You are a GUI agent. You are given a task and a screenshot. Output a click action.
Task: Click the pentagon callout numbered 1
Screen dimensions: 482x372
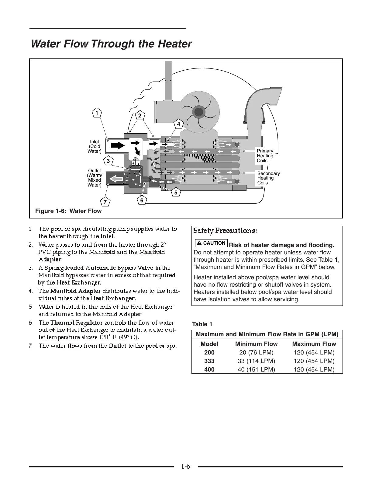[x=97, y=113]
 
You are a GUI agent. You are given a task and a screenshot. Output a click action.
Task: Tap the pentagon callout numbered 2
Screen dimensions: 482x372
[x=139, y=116]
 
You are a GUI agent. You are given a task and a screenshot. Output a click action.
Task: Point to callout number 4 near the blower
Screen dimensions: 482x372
[x=178, y=124]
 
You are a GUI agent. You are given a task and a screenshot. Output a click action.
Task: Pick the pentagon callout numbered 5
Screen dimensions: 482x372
[x=176, y=193]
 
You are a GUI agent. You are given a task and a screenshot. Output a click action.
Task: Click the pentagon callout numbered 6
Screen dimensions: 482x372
[x=142, y=201]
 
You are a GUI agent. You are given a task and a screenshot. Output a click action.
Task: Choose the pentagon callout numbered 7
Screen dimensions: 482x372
[x=105, y=202]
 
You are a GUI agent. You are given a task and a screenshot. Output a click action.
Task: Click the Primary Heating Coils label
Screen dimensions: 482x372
[x=265, y=156]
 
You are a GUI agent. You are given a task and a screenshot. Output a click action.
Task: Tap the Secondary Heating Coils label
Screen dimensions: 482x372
[x=268, y=178]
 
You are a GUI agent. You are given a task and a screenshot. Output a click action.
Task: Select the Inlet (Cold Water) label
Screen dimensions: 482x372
[x=95, y=146]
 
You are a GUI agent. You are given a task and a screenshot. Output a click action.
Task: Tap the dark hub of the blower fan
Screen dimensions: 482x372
[x=199, y=112]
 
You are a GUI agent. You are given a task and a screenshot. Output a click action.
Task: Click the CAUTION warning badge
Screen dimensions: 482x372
[x=212, y=243]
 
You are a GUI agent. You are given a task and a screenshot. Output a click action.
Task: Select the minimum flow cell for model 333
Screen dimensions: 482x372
[x=256, y=361]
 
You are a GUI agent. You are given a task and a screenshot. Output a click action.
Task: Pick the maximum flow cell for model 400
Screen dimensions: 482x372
[x=314, y=370]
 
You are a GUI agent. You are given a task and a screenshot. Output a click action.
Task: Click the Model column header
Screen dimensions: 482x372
[x=209, y=344]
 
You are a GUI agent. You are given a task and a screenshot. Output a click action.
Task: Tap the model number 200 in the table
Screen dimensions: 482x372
[x=209, y=353]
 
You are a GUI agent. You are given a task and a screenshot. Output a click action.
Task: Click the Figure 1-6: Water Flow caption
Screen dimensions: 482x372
[x=68, y=211]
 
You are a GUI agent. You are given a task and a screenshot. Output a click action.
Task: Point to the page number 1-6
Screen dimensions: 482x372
[x=185, y=466]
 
